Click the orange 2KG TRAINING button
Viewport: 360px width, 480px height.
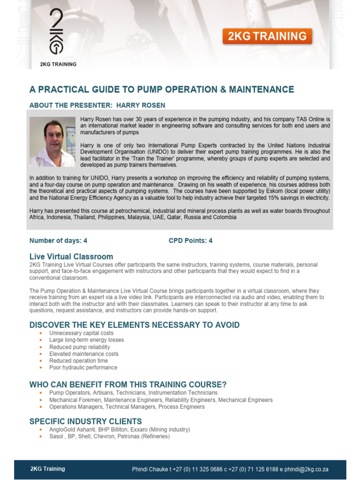pyautogui.click(x=267, y=36)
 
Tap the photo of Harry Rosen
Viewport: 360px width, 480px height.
pyautogui.click(x=52, y=142)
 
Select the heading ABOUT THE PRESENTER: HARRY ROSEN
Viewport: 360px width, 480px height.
pyautogui.click(x=97, y=105)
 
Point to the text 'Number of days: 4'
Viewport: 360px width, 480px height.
pyautogui.click(x=58, y=240)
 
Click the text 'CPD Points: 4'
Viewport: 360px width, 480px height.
pyautogui.click(x=190, y=240)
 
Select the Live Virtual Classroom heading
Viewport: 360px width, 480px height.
pyautogui.click(x=71, y=256)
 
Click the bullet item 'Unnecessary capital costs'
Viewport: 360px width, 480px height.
pyautogui.click(x=81, y=333)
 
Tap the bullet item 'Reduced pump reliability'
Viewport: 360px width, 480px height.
pyautogui.click(x=79, y=347)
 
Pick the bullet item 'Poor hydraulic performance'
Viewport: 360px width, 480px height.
pyautogui.click(x=83, y=367)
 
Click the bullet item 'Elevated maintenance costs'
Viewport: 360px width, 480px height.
pyautogui.click(x=83, y=354)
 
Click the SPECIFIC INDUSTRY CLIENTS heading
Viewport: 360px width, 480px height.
pyautogui.click(x=85, y=421)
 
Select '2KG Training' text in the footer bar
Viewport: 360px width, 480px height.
pyautogui.click(x=47, y=469)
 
